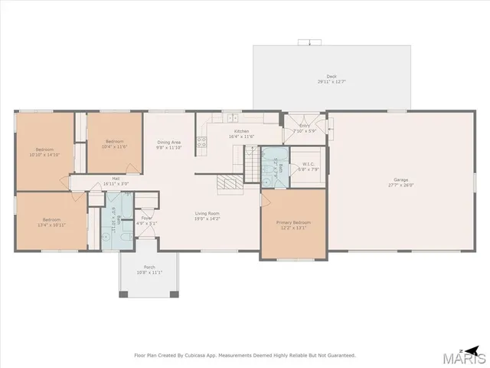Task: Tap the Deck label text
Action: tap(332, 76)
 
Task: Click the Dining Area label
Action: tap(169, 142)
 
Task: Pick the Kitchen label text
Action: tap(242, 132)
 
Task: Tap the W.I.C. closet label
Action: tap(309, 163)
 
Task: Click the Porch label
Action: tap(149, 268)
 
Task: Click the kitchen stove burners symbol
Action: tap(202, 142)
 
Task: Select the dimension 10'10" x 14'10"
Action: tap(44, 155)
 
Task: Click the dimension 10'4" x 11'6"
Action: tap(114, 146)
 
